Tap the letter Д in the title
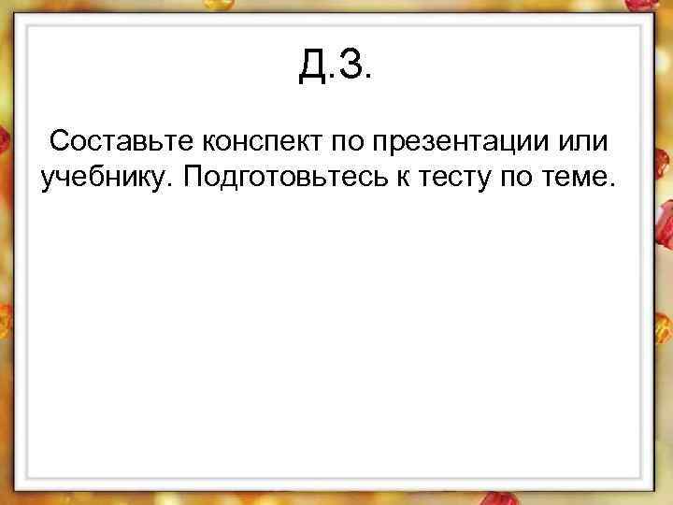(x=312, y=65)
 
